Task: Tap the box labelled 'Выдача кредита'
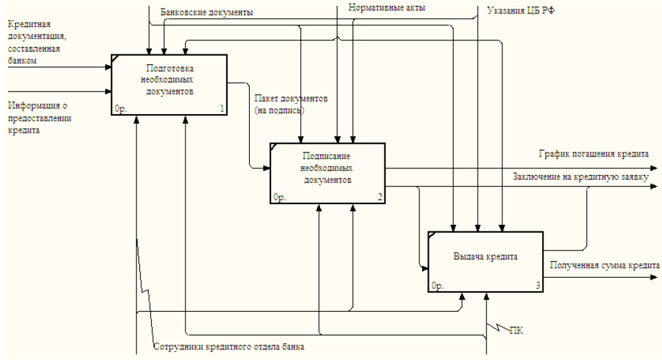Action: coord(485,261)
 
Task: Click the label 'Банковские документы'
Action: coord(207,12)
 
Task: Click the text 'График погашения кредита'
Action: coord(594,153)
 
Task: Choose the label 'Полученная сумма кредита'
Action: coord(604,265)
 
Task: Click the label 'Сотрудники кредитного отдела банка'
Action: coord(229,346)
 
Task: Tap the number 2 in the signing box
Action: coord(380,197)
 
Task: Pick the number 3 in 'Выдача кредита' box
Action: coord(538,286)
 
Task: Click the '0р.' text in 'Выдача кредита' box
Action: coord(437,286)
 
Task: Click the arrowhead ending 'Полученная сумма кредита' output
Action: coord(656,276)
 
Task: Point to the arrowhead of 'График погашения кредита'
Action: coord(656,168)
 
